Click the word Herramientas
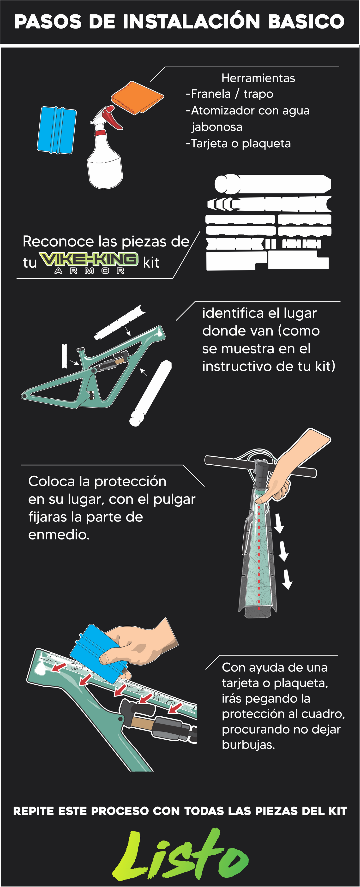pos(258,78)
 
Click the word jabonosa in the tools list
pos(217,127)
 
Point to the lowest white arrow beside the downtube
pos(287,579)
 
